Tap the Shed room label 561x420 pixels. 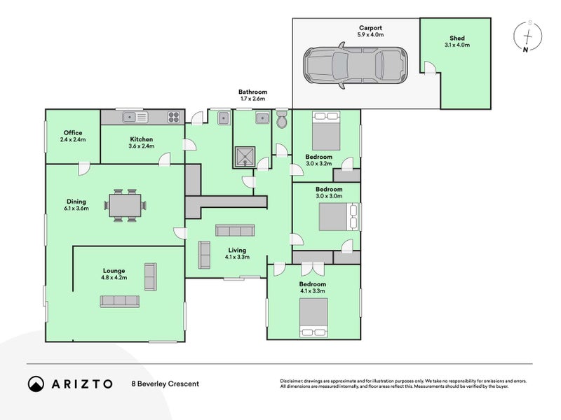click(x=457, y=38)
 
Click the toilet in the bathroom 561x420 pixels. click(x=282, y=120)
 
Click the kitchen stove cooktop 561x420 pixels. click(x=175, y=118)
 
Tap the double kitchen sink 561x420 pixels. click(x=130, y=118)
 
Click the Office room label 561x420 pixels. click(x=73, y=133)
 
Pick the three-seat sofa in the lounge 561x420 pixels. click(x=119, y=301)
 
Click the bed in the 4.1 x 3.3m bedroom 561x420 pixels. click(x=313, y=317)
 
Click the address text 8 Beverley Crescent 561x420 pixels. click(x=165, y=384)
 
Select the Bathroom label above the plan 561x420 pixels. click(x=252, y=92)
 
